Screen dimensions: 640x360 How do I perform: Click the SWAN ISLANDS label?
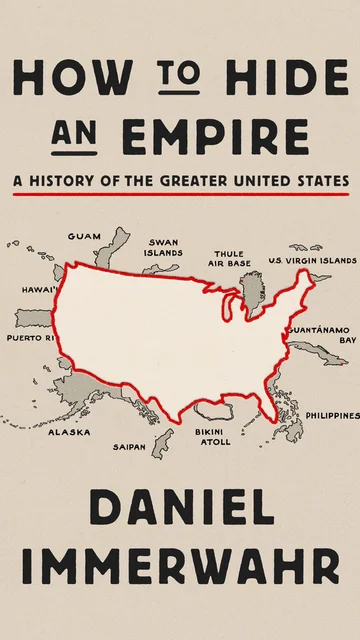(163, 247)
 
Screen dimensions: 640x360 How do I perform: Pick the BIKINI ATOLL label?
(213, 437)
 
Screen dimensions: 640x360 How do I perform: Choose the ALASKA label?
(69, 433)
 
